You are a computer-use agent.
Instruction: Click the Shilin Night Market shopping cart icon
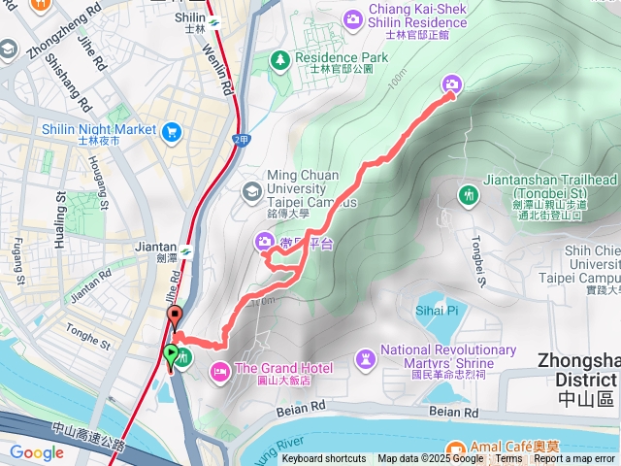(x=172, y=131)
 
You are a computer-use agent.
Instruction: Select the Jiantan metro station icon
(x=185, y=252)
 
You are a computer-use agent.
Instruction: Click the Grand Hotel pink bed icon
(x=220, y=369)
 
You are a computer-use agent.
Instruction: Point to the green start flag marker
(x=172, y=355)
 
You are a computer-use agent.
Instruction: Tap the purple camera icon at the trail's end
(x=451, y=85)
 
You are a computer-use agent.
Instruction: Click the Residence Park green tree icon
(x=281, y=60)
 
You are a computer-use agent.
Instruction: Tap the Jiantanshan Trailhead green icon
(x=469, y=194)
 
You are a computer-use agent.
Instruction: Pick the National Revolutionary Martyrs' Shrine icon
(x=365, y=359)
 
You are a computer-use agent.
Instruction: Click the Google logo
(x=37, y=452)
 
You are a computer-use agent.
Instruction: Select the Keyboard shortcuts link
(x=324, y=459)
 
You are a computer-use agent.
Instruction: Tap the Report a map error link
(x=574, y=459)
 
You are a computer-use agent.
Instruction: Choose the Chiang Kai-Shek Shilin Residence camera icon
(x=353, y=18)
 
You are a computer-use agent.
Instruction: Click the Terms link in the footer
(x=508, y=459)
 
